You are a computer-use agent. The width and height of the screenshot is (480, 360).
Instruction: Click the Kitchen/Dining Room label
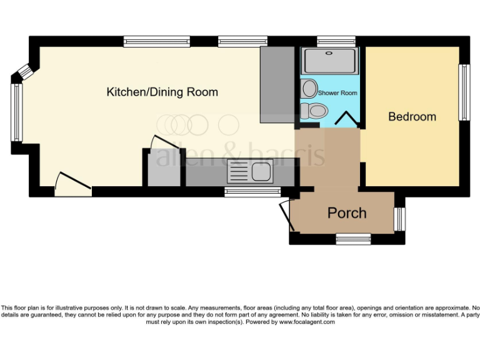click(x=162, y=92)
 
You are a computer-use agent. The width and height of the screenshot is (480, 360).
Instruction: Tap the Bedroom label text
click(x=412, y=117)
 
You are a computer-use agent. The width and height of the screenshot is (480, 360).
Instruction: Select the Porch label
click(x=347, y=213)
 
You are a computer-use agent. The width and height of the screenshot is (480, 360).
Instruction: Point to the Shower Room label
click(x=337, y=93)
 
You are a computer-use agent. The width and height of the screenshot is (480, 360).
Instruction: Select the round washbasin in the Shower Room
click(x=309, y=89)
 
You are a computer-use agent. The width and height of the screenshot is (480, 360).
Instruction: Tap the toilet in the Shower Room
click(x=314, y=111)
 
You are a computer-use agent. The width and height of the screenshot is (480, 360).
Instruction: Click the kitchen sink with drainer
click(x=249, y=171)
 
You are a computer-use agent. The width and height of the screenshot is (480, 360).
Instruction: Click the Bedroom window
click(x=464, y=92)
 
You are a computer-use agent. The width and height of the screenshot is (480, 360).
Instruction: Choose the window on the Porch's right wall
click(x=400, y=218)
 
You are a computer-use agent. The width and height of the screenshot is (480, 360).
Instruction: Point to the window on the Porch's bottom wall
click(x=353, y=238)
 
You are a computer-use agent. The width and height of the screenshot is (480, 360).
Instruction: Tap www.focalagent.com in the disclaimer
click(x=307, y=322)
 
